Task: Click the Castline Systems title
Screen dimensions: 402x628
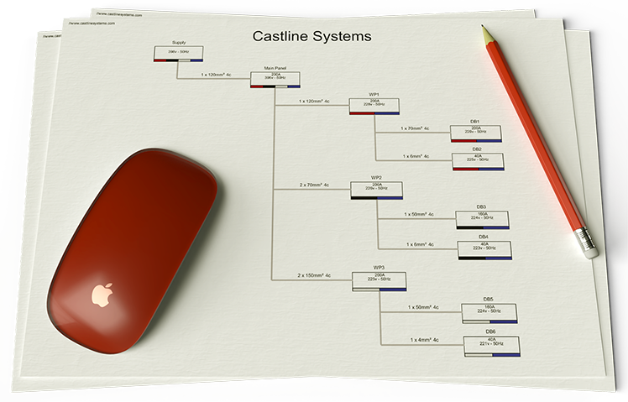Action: [x=311, y=37]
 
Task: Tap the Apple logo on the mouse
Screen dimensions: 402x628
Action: [x=102, y=295]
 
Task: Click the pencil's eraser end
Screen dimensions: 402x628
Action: [x=588, y=241]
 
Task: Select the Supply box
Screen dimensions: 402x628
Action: [x=178, y=54]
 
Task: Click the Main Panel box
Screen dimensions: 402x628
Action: [x=275, y=80]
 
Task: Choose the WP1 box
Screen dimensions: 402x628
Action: [x=374, y=106]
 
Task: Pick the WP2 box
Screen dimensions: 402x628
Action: [x=377, y=191]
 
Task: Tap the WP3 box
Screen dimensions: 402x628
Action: [x=379, y=279]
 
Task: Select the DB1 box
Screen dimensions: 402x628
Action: [x=475, y=133]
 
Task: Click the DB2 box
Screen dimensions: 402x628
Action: [x=477, y=161]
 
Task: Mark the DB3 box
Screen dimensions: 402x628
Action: [x=481, y=219]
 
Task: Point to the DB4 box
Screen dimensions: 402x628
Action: [x=483, y=249]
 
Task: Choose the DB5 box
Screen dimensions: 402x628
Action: [x=489, y=312]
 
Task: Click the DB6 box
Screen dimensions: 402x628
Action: [x=491, y=347]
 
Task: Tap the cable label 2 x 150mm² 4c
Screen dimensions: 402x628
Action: [x=314, y=275]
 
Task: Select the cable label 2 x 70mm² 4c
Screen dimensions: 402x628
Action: [x=314, y=185]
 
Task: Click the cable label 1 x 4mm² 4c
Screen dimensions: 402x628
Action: [x=425, y=340]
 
